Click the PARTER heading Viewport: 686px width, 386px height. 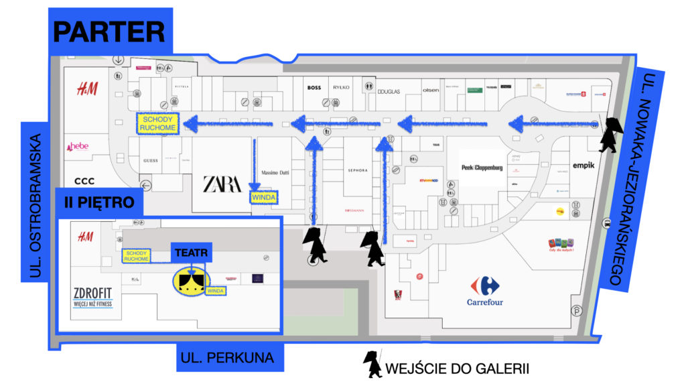click(x=109, y=31)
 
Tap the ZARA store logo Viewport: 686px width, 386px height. click(x=222, y=184)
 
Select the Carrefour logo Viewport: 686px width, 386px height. click(x=485, y=292)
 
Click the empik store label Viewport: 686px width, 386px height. click(x=584, y=166)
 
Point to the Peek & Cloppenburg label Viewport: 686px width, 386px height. click(x=482, y=168)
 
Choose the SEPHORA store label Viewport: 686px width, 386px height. click(x=358, y=170)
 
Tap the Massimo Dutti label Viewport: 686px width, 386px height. click(x=275, y=172)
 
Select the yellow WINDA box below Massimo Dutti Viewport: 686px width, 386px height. click(x=263, y=198)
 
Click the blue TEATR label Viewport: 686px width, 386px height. click(x=192, y=252)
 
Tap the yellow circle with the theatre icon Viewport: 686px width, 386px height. click(x=189, y=281)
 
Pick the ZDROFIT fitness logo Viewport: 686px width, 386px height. click(x=93, y=296)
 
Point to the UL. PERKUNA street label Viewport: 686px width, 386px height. click(x=228, y=358)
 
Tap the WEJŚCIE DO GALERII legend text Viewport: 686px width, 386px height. click(x=458, y=368)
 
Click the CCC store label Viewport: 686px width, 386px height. click(x=84, y=181)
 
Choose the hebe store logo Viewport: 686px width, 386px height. click(x=80, y=147)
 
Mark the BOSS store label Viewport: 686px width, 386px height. click(x=314, y=88)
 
